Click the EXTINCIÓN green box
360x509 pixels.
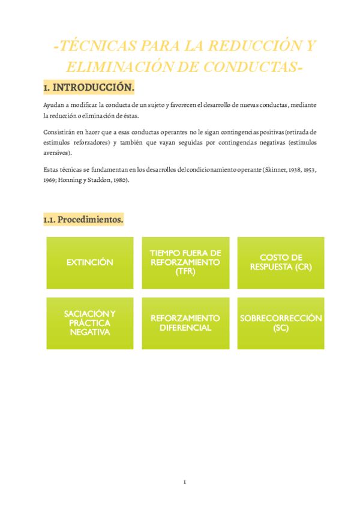click(89, 262)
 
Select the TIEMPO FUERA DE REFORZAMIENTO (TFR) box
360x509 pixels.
click(185, 262)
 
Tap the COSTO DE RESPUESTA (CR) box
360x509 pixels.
click(281, 262)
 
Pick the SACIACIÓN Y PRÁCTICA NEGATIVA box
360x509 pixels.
click(89, 323)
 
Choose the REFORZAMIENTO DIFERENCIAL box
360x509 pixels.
click(185, 323)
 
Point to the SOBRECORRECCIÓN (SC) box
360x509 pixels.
click(281, 323)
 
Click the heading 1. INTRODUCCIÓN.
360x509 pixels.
click(89, 88)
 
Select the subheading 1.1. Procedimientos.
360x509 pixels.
click(83, 220)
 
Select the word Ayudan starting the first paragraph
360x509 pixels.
click(53, 105)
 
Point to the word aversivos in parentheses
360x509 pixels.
click(56, 152)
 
